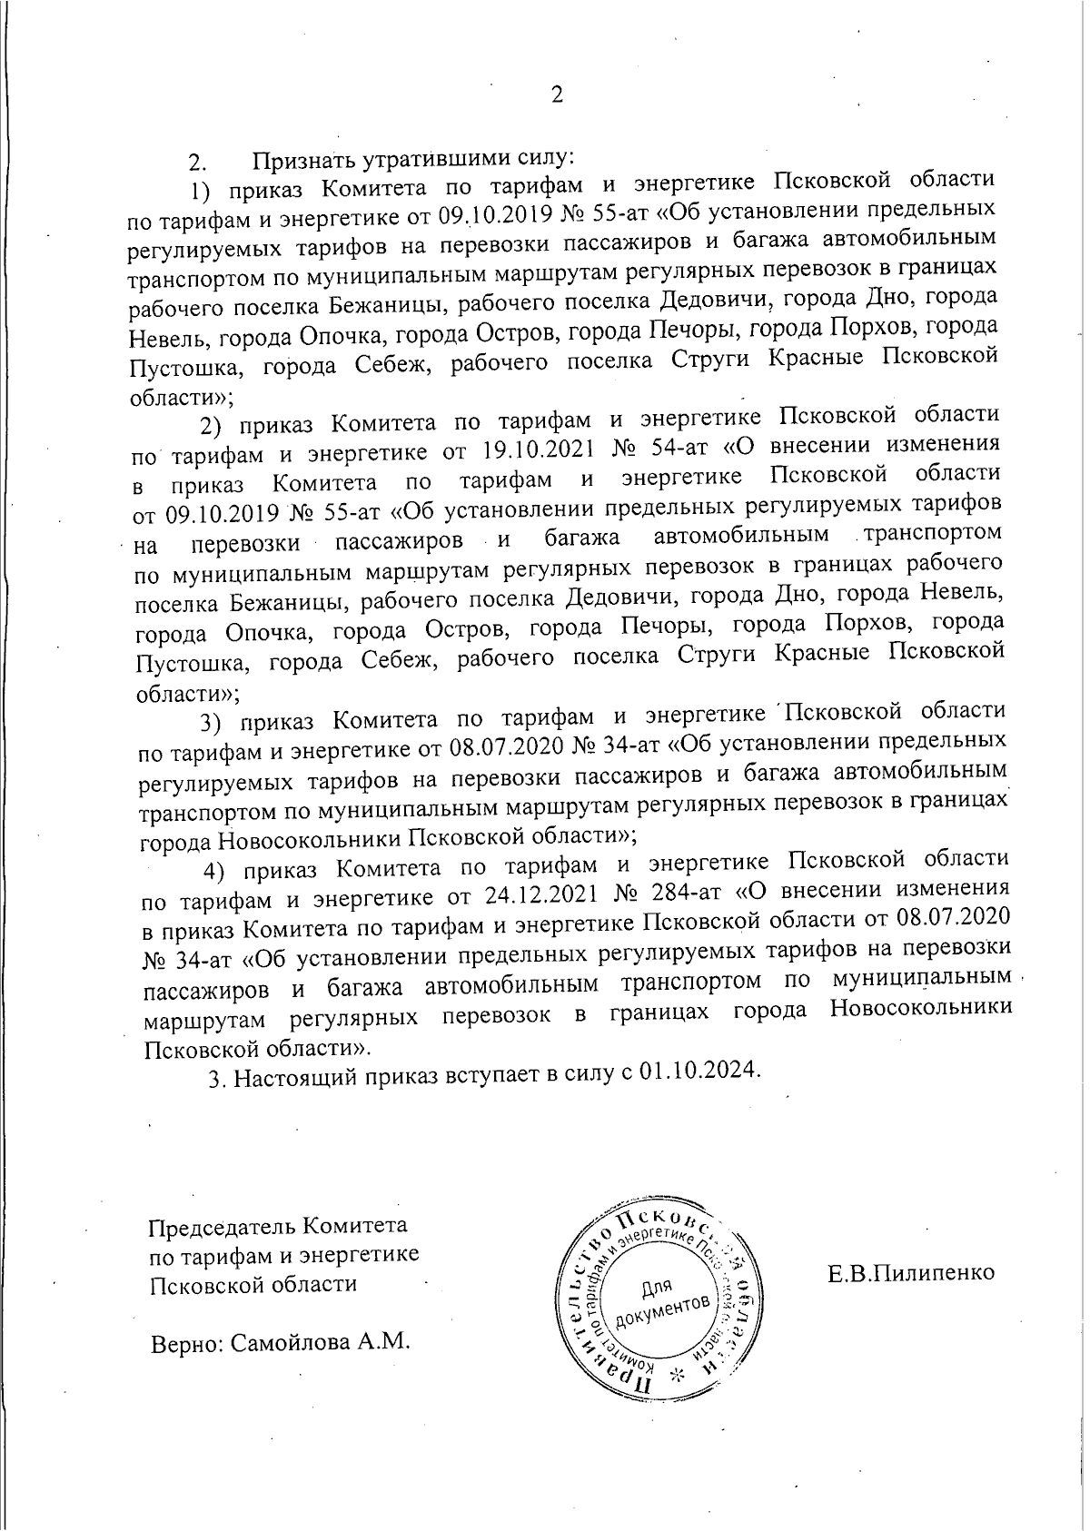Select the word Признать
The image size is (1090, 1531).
(305, 160)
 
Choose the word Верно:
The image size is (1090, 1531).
(185, 1342)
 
